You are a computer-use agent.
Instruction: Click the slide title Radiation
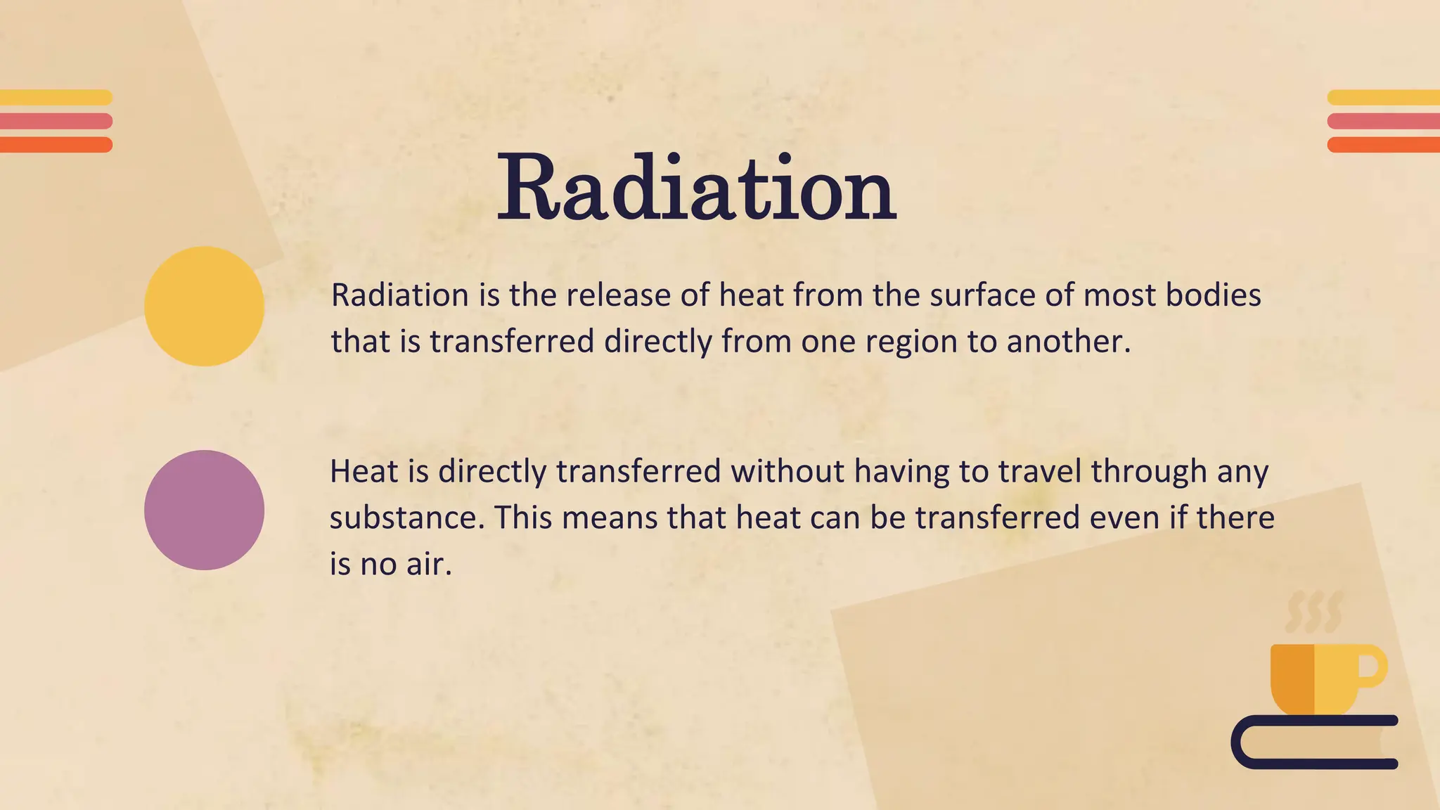[x=696, y=188]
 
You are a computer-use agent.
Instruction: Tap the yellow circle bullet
[x=204, y=306]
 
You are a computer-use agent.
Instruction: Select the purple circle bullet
[x=204, y=510]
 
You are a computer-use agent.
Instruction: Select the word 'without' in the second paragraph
[x=787, y=471]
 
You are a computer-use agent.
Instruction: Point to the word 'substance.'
[x=407, y=518]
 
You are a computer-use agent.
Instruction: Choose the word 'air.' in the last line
[x=429, y=564]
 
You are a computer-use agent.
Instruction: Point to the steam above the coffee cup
[x=1313, y=612]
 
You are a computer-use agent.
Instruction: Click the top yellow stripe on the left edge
[x=56, y=98]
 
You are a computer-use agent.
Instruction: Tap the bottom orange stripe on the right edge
[x=1383, y=145]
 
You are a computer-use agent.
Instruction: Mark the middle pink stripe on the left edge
[x=56, y=121]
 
